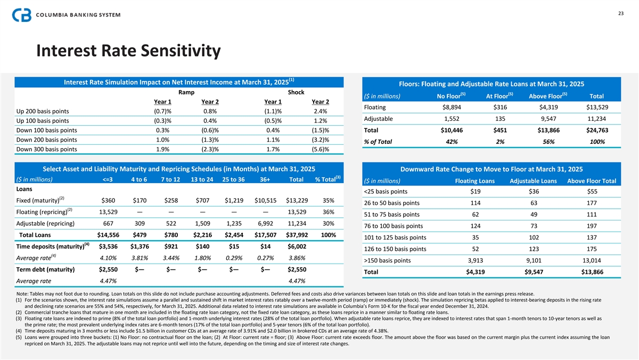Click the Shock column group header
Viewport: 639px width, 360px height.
tap(296, 92)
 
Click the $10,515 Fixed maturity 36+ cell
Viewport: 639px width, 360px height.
tap(265, 200)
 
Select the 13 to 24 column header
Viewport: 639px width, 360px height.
tap(202, 178)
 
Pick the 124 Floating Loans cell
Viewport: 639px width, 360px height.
tap(476, 226)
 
